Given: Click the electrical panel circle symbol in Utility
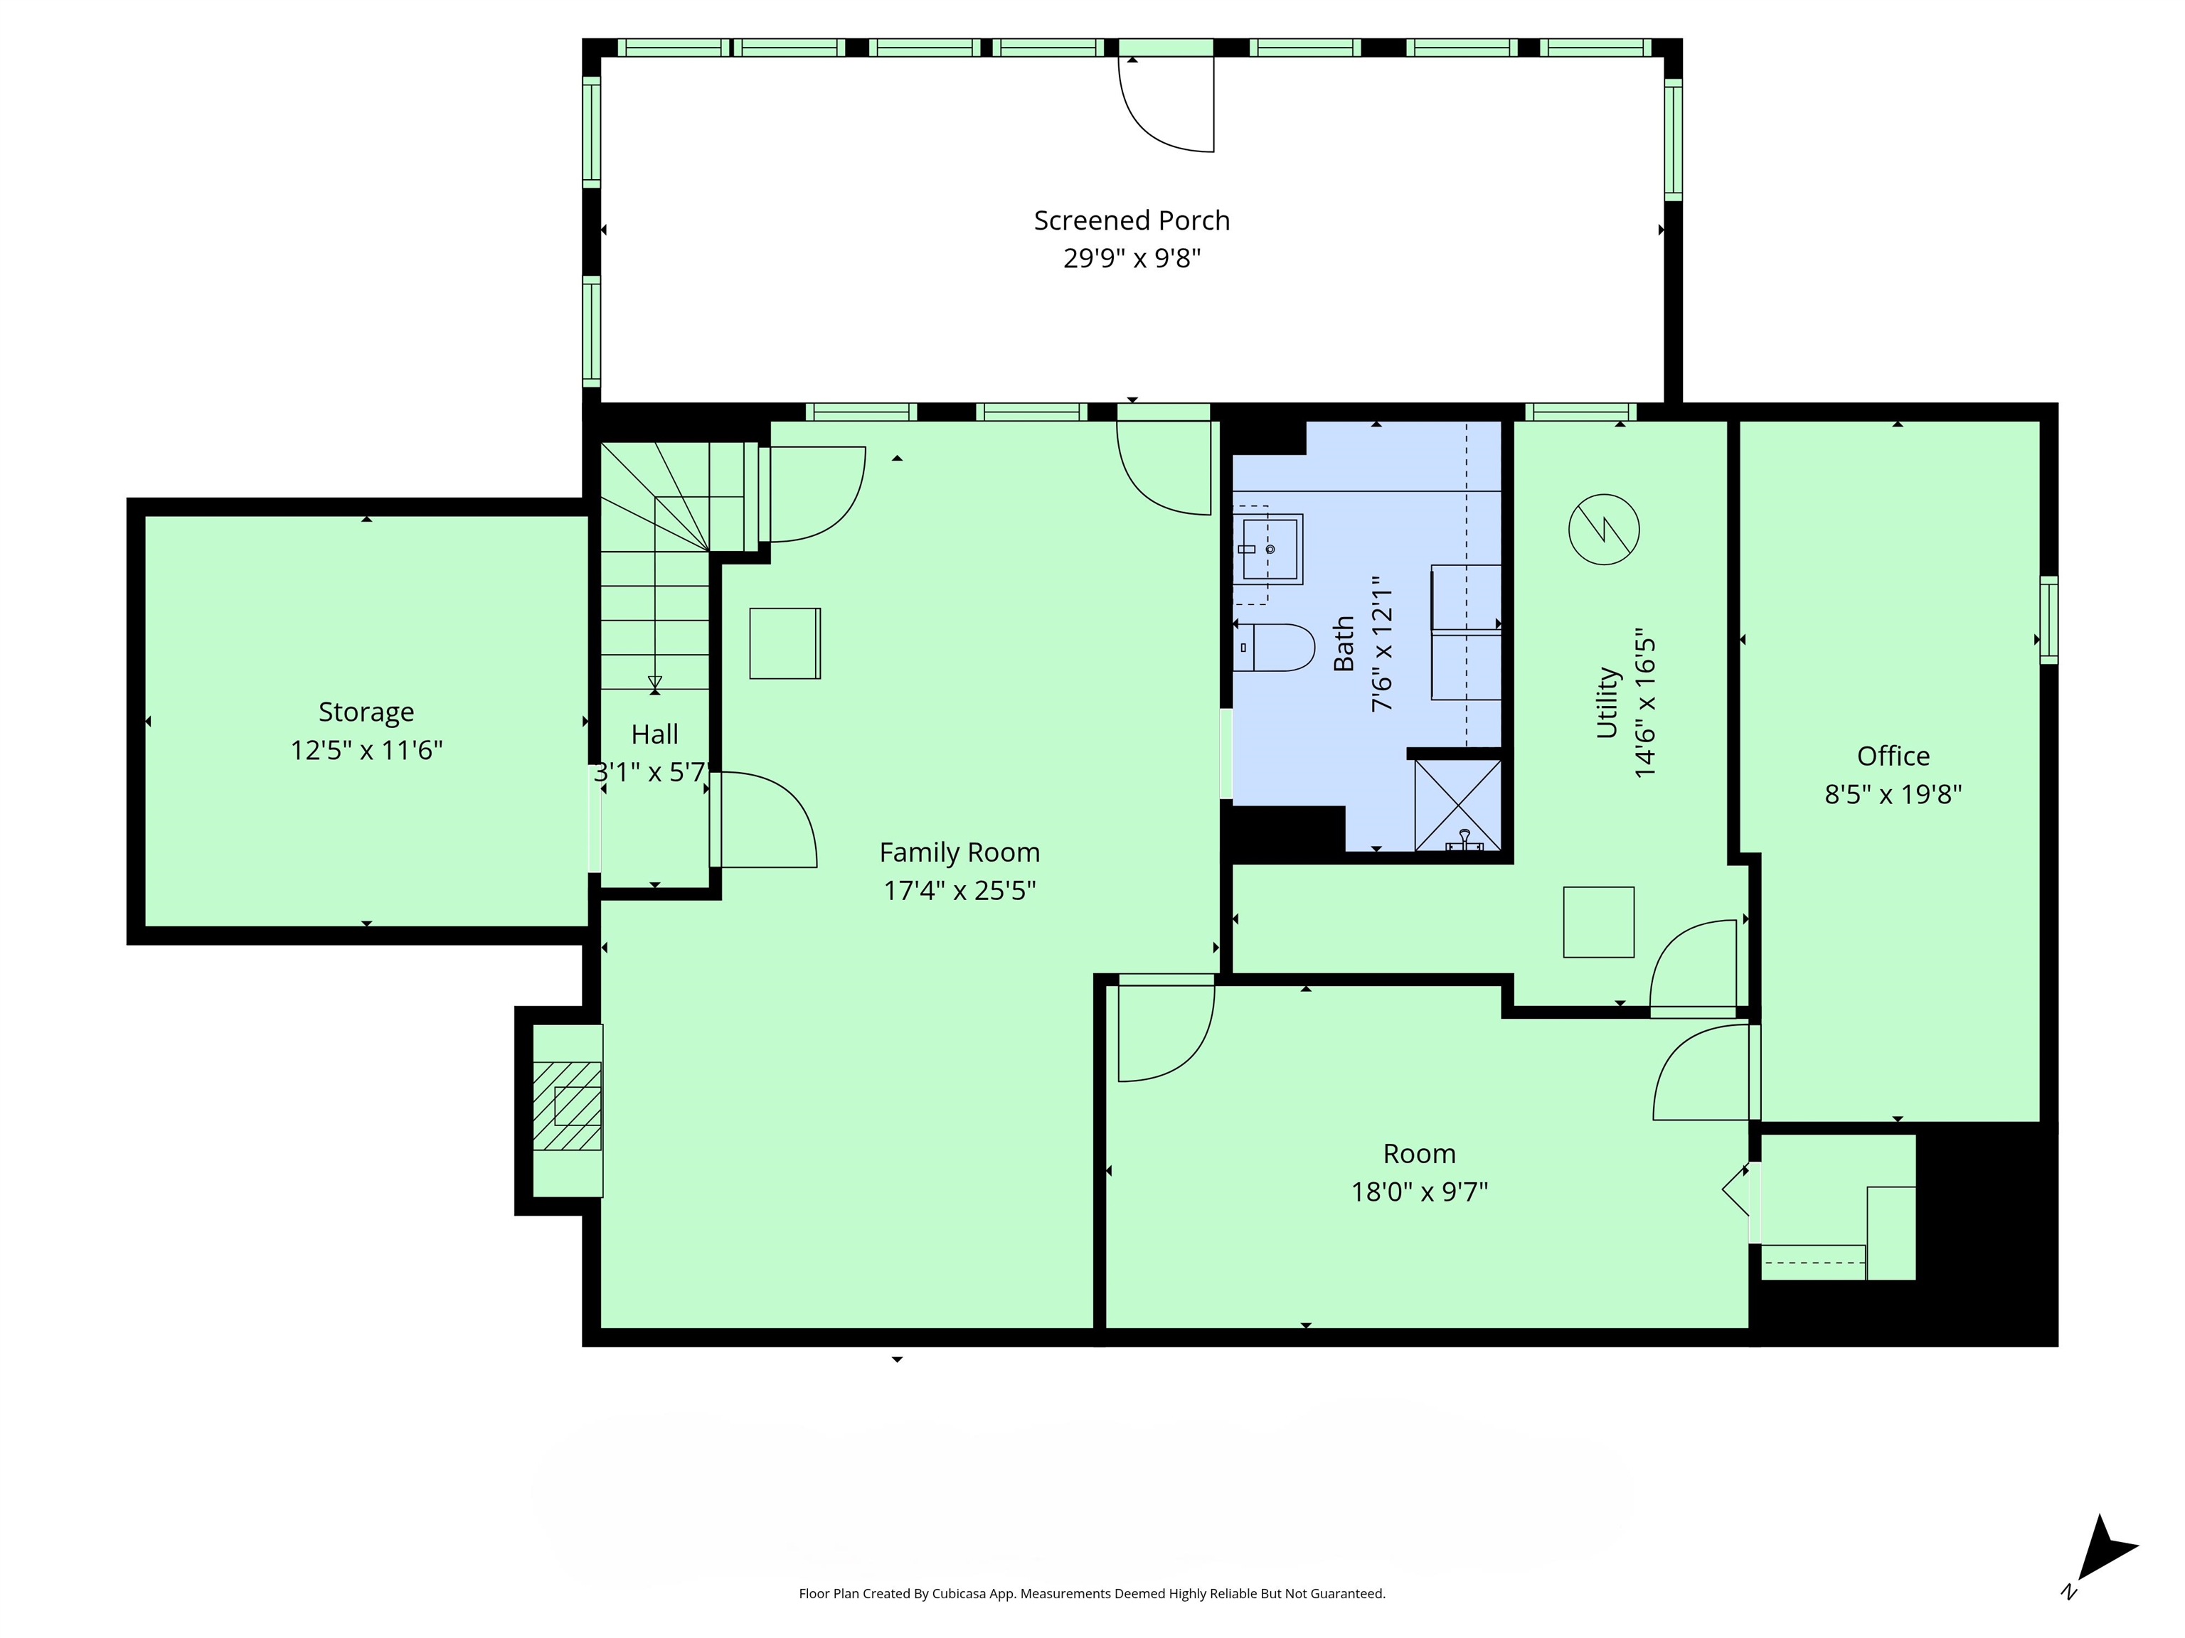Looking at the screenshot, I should pos(1603,529).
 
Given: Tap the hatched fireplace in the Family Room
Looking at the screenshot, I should pos(567,1106).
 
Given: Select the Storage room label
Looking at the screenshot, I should pos(366,712).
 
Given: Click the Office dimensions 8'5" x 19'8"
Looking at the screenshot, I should pos(1892,794).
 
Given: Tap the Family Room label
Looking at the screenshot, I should pos(959,852).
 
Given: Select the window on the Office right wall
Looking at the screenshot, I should pos(2048,619).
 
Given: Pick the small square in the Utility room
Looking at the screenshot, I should pos(1597,922).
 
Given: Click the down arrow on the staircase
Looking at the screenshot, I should pos(654,681).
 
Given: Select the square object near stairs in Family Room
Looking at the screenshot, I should pos(785,643).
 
